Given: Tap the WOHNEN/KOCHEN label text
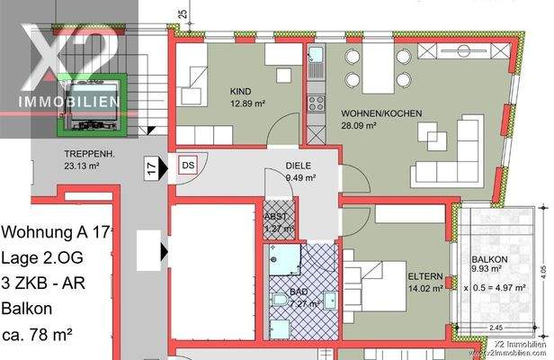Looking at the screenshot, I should (x=372, y=113).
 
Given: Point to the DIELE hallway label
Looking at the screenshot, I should (x=299, y=166).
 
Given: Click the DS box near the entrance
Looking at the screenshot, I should (x=188, y=166).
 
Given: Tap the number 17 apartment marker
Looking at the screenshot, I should (x=151, y=166).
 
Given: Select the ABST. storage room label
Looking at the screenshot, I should (x=276, y=216).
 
